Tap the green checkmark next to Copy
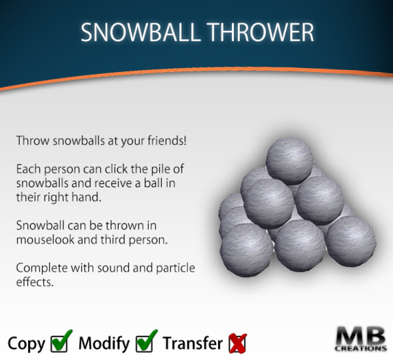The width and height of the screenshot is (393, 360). pos(62,341)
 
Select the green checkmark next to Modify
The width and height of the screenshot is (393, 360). pos(147,341)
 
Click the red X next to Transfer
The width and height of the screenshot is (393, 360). pos(237,341)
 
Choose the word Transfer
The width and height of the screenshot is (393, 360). pos(193,342)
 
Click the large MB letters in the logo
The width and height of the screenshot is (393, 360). pos(360,337)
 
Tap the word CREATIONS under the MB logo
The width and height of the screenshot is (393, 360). pos(361,350)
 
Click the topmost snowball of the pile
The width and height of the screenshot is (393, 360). pos(288,160)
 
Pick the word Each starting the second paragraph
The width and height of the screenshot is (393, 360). pos(27,168)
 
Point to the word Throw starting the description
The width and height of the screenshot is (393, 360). pos(30,141)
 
